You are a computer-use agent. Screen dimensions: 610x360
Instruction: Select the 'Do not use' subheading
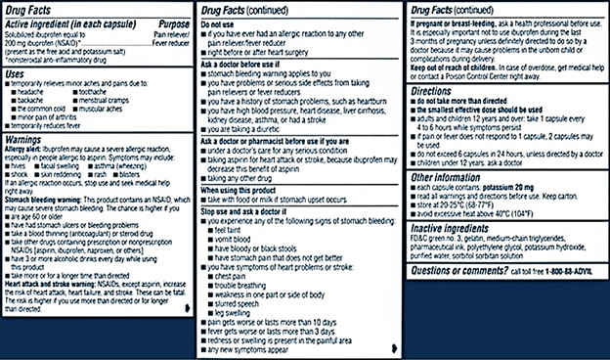pyautogui.click(x=218, y=22)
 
